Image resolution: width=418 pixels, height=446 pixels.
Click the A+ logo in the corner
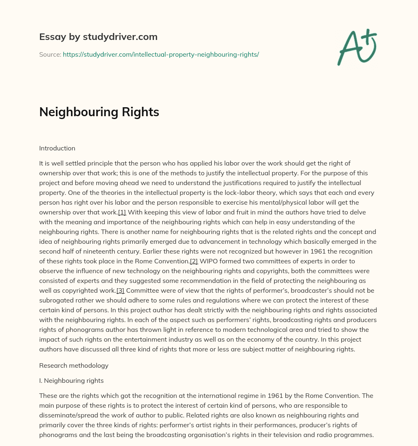(x=357, y=47)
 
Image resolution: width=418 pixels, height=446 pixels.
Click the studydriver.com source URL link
(x=161, y=54)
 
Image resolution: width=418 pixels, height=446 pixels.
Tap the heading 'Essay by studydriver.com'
(x=98, y=37)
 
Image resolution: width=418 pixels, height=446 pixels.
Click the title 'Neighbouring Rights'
(x=99, y=113)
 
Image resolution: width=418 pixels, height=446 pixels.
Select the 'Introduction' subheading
(x=57, y=148)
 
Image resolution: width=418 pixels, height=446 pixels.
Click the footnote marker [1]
(x=122, y=212)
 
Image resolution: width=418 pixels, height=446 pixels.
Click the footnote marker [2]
(x=194, y=261)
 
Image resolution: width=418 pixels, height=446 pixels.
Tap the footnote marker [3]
(x=120, y=291)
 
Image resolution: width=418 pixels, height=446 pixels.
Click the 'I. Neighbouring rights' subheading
(x=71, y=381)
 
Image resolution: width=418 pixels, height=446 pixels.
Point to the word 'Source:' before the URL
(x=50, y=54)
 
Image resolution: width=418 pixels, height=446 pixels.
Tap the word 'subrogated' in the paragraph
(x=55, y=300)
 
